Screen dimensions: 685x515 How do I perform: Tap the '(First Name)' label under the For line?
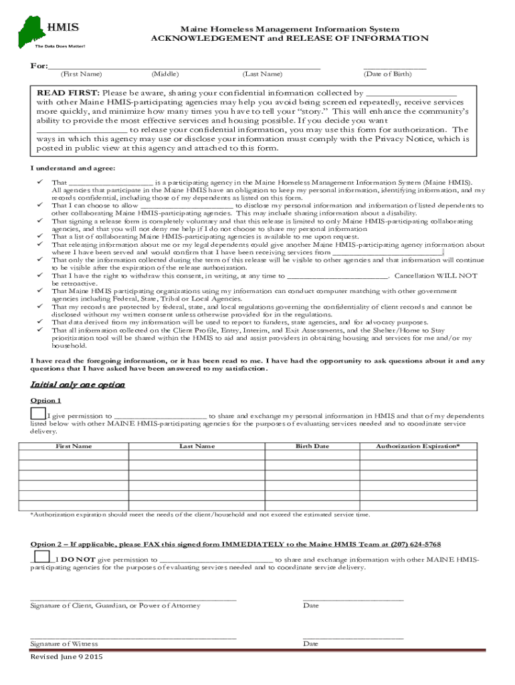click(x=81, y=74)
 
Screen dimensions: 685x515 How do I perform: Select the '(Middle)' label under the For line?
click(x=165, y=74)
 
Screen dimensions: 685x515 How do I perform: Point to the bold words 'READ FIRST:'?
click(x=68, y=93)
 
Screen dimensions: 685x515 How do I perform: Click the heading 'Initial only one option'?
click(x=78, y=385)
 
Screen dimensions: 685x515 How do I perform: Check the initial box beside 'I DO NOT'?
click(x=41, y=557)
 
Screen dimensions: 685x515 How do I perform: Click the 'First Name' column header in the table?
click(x=74, y=446)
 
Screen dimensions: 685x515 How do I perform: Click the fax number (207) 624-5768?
click(x=413, y=545)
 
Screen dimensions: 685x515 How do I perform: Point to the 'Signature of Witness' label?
click(x=64, y=644)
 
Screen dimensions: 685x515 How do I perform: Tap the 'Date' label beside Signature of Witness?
click(x=310, y=644)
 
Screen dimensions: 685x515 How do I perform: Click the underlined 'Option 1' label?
click(x=45, y=400)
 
